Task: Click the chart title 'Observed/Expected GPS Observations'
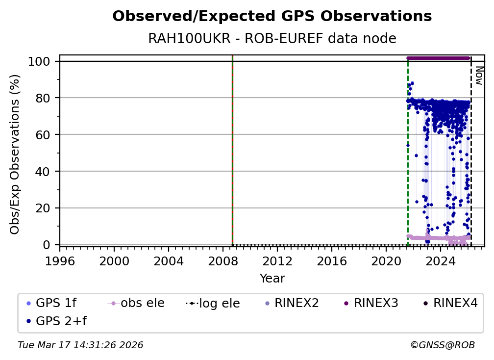click(272, 17)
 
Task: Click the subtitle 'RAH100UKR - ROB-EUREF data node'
click(272, 39)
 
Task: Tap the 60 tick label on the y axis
click(45, 135)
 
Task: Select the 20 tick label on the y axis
click(45, 208)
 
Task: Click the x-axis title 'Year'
click(272, 279)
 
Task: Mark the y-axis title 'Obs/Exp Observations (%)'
click(15, 154)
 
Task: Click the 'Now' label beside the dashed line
click(479, 76)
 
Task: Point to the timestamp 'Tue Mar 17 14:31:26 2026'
click(80, 345)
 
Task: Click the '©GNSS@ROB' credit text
click(442, 345)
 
